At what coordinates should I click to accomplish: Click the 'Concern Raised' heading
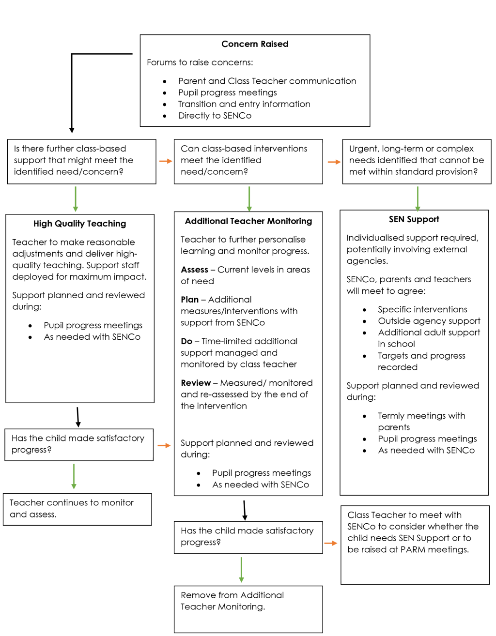255,44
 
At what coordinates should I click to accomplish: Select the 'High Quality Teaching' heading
79,224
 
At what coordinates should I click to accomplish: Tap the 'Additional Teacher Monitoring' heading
248,221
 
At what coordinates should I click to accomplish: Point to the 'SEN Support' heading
414,219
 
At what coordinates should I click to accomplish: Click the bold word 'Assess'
194,270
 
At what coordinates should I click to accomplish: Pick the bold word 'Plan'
189,300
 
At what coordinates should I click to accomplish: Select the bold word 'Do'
186,341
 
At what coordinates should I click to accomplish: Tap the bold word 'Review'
196,383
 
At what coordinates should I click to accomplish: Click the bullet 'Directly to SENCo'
215,116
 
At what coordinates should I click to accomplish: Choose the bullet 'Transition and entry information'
244,104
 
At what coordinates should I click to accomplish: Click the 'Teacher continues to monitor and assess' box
77,509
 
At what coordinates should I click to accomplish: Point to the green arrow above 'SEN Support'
418,198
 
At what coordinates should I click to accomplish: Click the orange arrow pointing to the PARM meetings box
331,544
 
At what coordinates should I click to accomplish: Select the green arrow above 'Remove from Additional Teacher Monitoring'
241,570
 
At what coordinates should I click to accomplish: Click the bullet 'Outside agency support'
429,321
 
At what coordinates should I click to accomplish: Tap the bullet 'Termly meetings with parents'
421,422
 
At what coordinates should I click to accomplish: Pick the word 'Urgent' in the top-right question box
363,149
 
